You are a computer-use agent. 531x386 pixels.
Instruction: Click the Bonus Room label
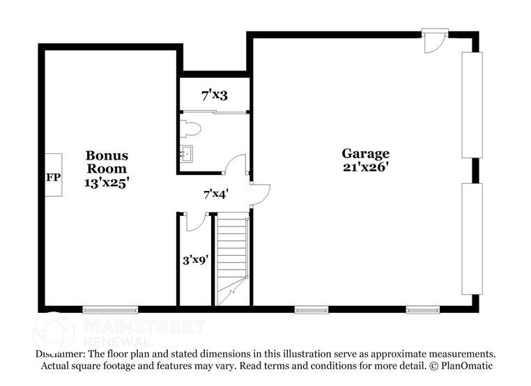tap(107, 162)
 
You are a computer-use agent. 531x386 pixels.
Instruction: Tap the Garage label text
tap(365, 154)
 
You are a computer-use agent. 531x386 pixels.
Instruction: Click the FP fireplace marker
tap(53, 177)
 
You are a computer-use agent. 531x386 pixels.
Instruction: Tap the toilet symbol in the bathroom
tap(190, 128)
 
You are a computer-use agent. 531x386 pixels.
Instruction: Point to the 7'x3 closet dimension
tap(215, 95)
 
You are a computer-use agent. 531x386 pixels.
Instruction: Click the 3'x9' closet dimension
tap(195, 261)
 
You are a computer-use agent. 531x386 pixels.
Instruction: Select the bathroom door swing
tap(236, 165)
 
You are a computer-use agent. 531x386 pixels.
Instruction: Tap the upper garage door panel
tap(472, 105)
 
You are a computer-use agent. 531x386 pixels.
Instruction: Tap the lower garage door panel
tap(472, 239)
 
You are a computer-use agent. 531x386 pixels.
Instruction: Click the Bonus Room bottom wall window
tap(109, 309)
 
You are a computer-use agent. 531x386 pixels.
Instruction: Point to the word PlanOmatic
tap(466, 366)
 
